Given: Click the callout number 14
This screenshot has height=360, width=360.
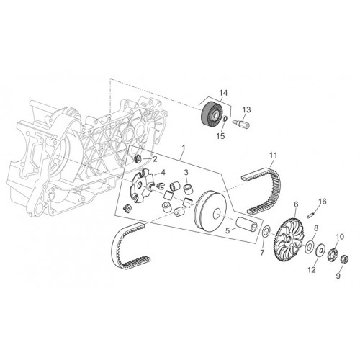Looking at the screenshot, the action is [x=223, y=93].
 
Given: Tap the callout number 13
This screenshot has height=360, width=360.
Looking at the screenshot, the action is [x=246, y=109].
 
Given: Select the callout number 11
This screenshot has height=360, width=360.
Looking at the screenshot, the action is [x=273, y=156].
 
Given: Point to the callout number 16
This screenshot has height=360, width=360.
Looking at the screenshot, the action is [x=323, y=202].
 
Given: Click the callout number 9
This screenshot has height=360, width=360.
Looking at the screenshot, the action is [x=338, y=276].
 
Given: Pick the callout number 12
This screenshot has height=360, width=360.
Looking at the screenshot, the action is [x=312, y=270].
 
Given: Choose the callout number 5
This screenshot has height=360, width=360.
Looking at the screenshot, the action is [x=228, y=231].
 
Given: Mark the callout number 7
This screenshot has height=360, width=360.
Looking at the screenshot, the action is [x=262, y=252].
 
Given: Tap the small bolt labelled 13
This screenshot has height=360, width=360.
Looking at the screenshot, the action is [x=241, y=124].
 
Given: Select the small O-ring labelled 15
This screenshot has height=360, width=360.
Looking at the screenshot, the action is [x=225, y=119].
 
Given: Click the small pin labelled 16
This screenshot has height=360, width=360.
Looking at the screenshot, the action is [x=310, y=215].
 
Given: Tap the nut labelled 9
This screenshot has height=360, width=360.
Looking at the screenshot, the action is [x=345, y=259].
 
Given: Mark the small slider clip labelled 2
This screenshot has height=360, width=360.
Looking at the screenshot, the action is [x=138, y=158].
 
